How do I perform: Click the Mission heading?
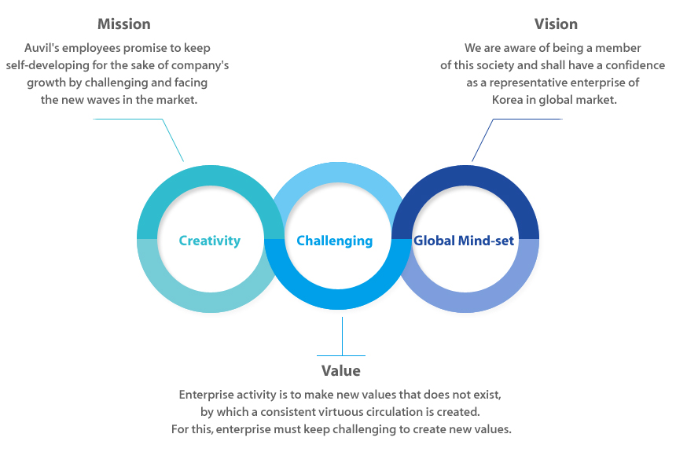[x=124, y=24]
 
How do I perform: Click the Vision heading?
[x=557, y=24]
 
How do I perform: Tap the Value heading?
[x=341, y=371]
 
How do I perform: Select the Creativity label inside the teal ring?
[x=210, y=241]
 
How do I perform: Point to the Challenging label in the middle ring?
[x=335, y=241]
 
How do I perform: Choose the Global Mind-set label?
[x=464, y=241]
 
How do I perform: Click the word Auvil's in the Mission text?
[x=42, y=48]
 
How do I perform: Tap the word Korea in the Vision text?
[x=508, y=100]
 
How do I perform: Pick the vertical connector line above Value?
[x=342, y=336]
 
